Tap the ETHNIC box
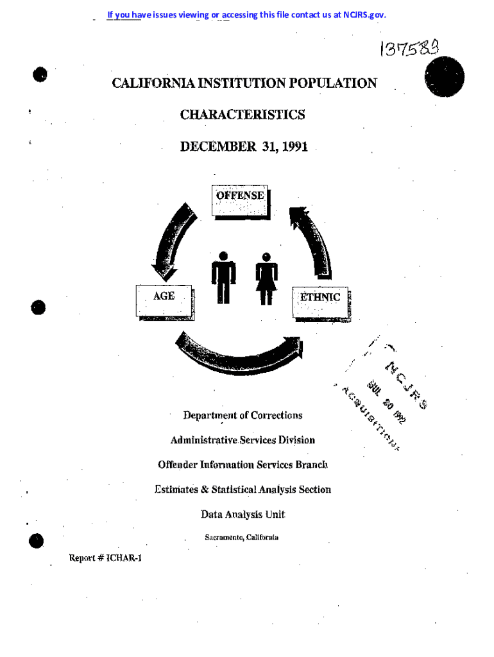point(321,300)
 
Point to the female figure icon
point(266,278)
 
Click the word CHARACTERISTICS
point(243,115)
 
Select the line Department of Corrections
point(243,415)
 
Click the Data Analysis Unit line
point(243,514)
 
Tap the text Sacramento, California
point(241,537)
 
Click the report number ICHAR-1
point(119,558)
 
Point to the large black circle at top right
point(444,77)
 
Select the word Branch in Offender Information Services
point(312,465)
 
